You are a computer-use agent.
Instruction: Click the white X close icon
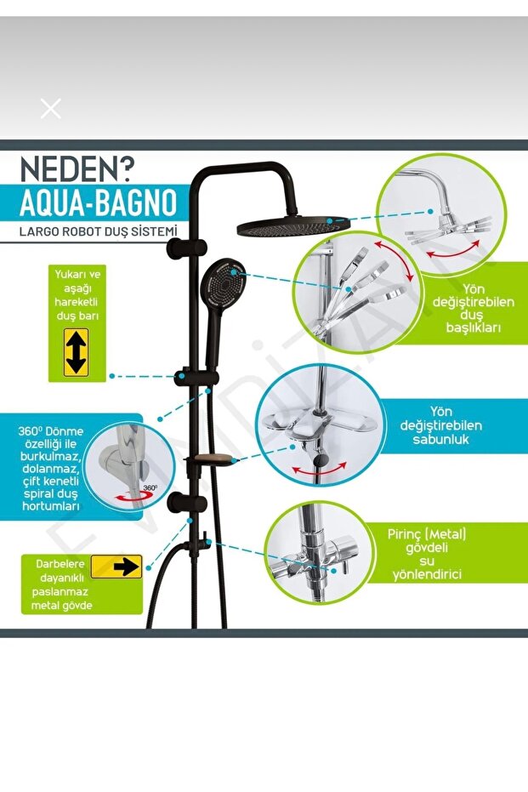(x=50, y=109)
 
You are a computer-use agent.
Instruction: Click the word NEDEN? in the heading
(x=77, y=170)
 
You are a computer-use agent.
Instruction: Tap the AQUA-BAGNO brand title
(x=99, y=202)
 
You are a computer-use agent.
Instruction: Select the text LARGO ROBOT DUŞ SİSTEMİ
(x=99, y=232)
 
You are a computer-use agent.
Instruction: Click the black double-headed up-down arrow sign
(x=77, y=352)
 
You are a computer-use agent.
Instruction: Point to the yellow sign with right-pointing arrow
(x=116, y=567)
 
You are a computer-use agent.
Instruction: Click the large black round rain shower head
(x=292, y=225)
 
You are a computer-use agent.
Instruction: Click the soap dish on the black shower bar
(x=210, y=459)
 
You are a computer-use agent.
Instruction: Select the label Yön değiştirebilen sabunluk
(x=440, y=425)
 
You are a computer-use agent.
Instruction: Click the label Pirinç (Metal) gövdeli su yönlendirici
(x=427, y=554)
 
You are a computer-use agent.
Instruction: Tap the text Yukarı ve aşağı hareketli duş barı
(x=77, y=295)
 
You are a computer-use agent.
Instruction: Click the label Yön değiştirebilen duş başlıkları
(x=473, y=308)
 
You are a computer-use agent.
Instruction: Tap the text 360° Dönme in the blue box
(x=50, y=430)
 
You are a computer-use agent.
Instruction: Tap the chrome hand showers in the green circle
(x=363, y=288)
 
